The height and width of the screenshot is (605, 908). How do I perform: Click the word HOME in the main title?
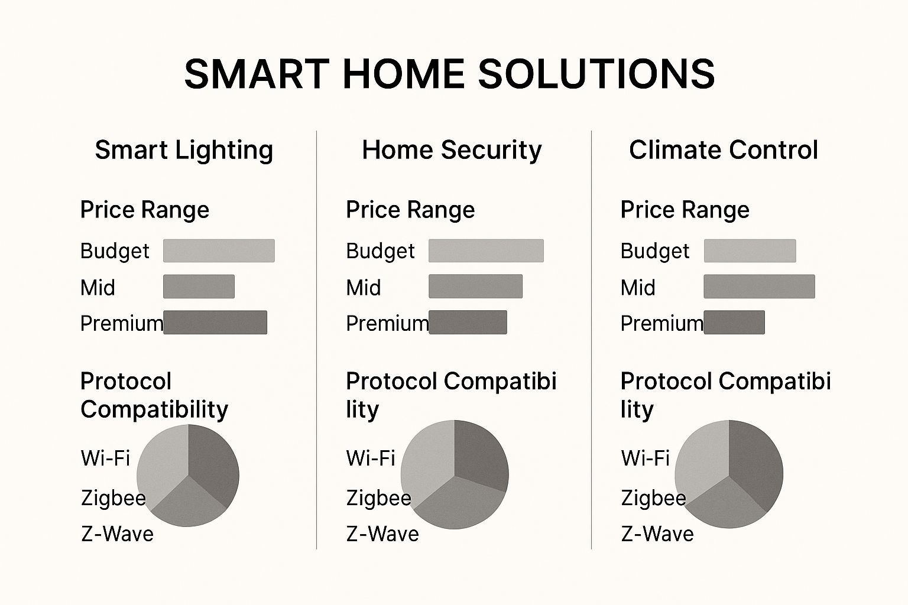tap(403, 74)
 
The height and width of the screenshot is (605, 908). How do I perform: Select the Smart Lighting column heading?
tap(184, 150)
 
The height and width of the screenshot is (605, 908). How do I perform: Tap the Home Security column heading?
tap(452, 150)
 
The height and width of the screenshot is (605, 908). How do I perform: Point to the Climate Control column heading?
tap(724, 150)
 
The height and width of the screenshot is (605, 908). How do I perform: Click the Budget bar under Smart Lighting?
tap(219, 251)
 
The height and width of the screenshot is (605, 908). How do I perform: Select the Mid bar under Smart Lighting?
tap(199, 287)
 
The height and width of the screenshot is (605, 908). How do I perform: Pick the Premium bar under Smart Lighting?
tap(215, 323)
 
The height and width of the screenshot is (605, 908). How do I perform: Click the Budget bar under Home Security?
tap(486, 251)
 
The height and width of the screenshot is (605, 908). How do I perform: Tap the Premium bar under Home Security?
tap(468, 323)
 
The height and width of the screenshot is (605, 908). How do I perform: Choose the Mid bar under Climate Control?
tap(759, 287)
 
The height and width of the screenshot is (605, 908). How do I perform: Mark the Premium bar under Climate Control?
tap(734, 323)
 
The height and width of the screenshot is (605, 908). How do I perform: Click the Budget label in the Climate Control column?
tap(655, 251)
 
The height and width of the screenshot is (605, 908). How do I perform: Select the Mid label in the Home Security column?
tap(364, 288)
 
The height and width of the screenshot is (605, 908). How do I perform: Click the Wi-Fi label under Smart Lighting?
tap(105, 458)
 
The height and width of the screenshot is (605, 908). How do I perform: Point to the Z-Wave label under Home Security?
tap(382, 534)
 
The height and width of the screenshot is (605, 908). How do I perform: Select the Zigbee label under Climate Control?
tap(653, 498)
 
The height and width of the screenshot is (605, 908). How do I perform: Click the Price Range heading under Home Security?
tap(410, 210)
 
